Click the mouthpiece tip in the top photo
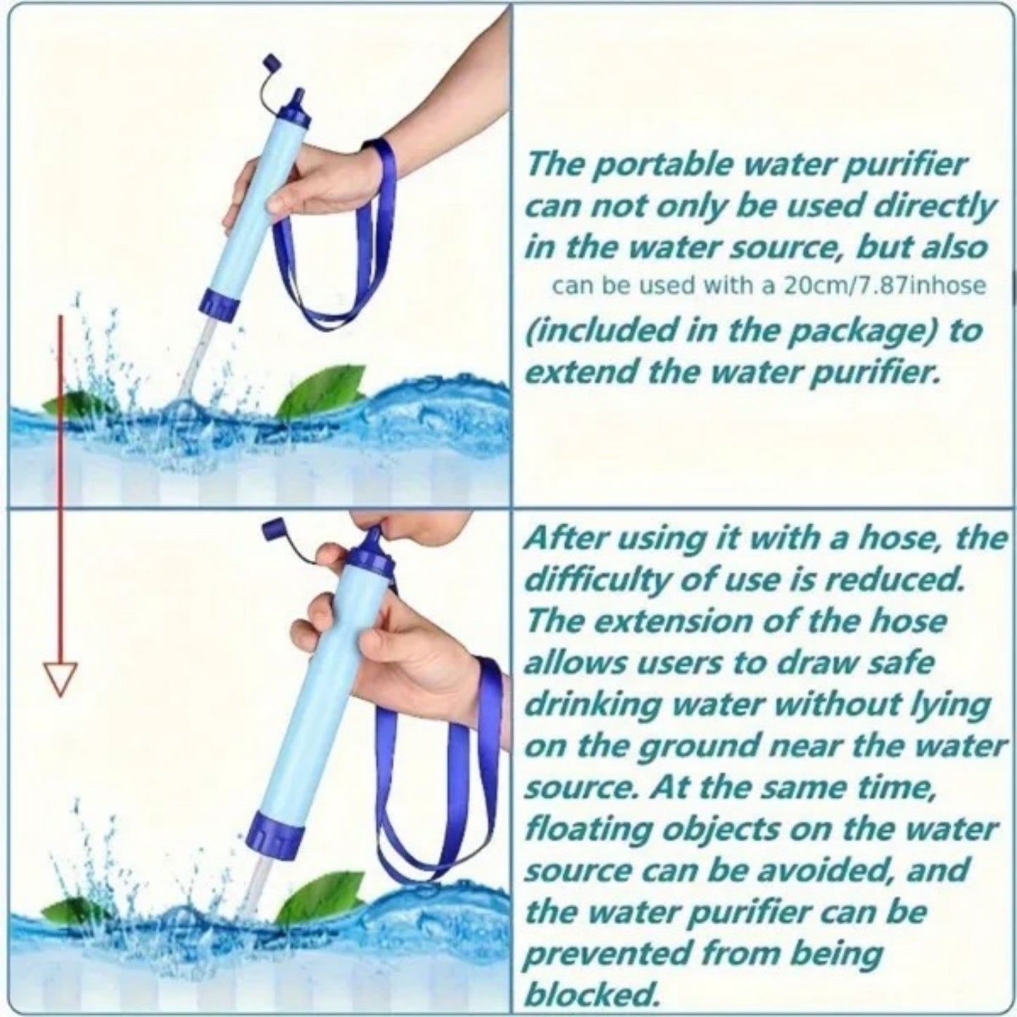(x=300, y=94)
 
